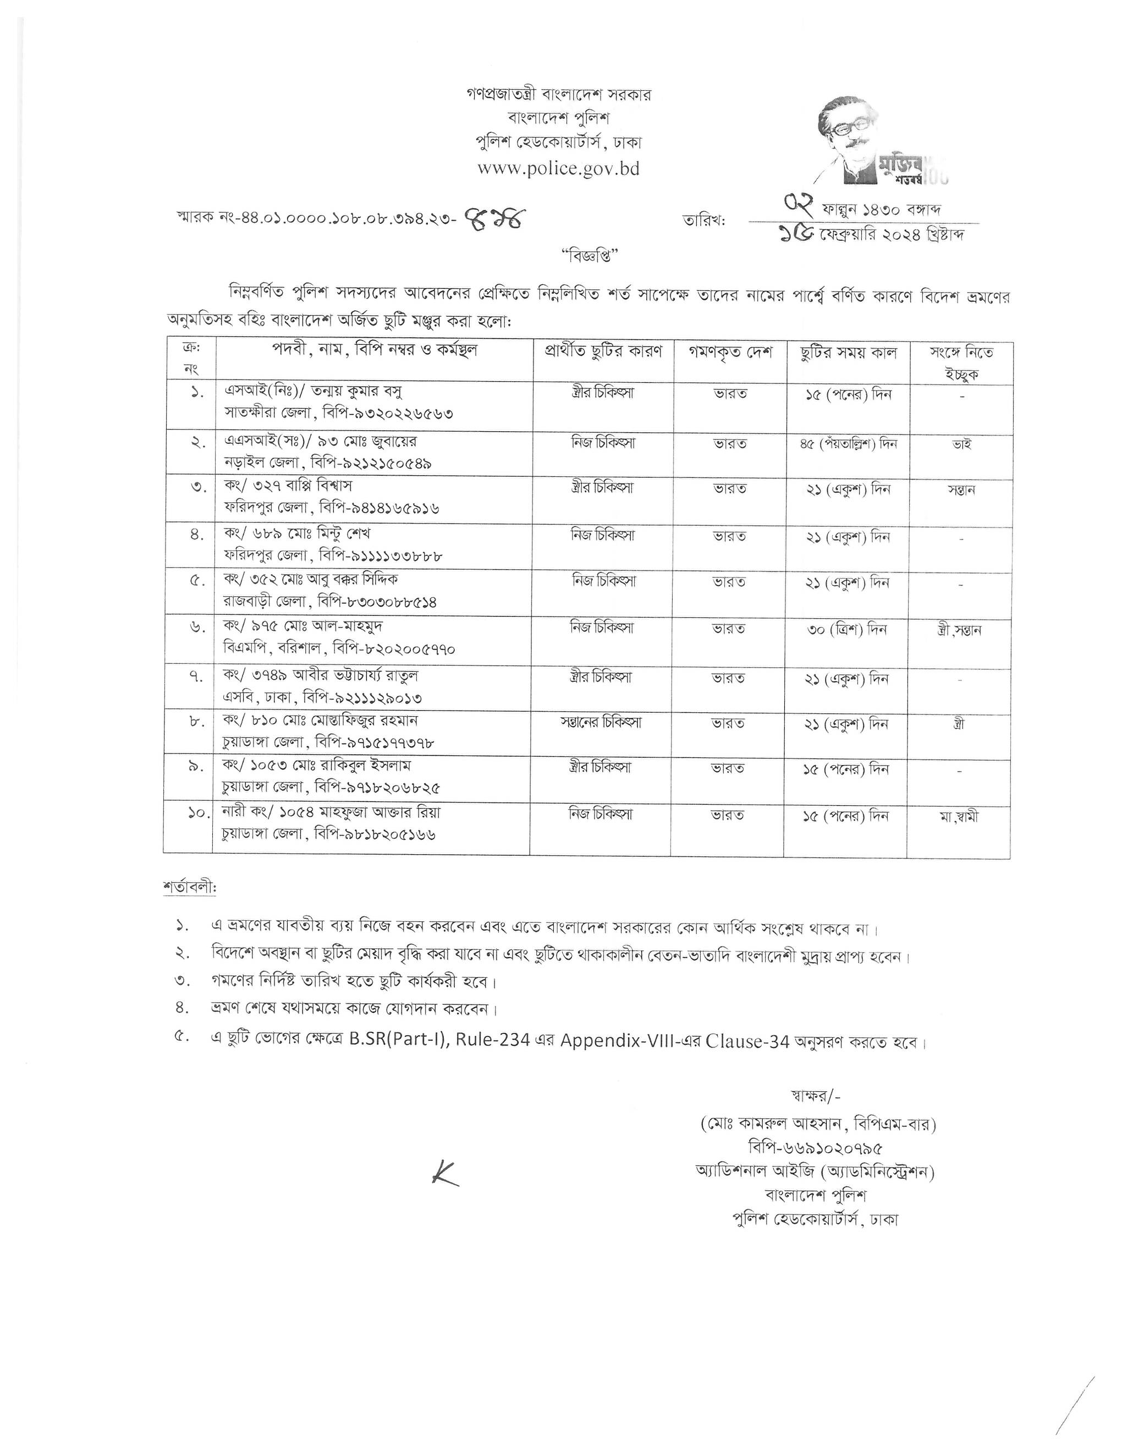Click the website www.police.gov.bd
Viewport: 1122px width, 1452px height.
click(x=558, y=169)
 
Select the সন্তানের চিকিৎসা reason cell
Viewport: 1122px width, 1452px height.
click(x=600, y=722)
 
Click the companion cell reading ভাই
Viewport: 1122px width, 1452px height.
click(x=962, y=443)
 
